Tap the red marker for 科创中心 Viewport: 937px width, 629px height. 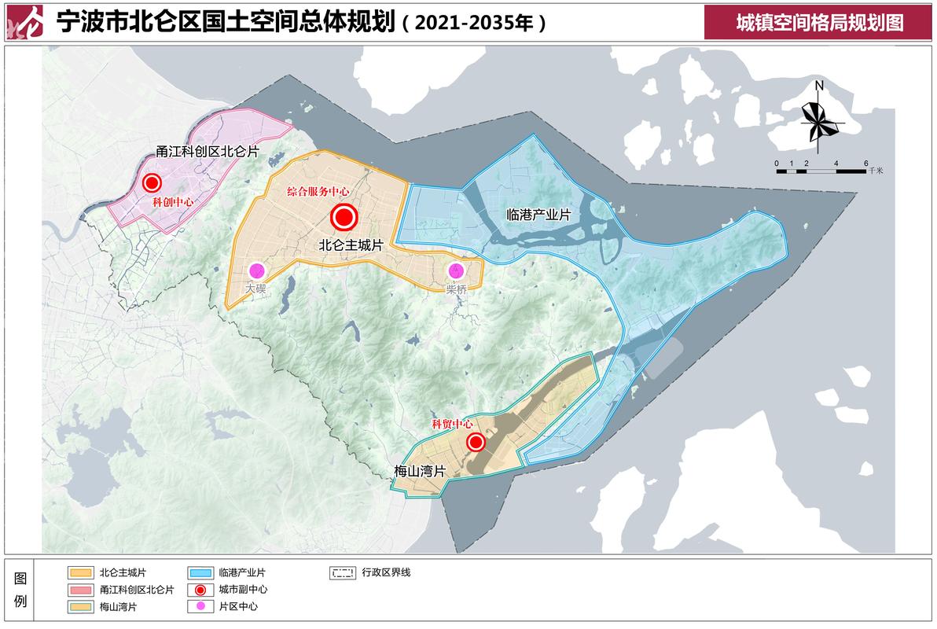(152, 183)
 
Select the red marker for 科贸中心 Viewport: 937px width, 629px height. (475, 443)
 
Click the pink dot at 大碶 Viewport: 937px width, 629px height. (256, 270)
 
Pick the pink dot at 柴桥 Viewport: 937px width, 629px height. (456, 270)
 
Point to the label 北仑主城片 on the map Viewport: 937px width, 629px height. (351, 245)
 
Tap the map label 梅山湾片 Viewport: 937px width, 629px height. (420, 472)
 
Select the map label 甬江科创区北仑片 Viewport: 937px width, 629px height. (208, 151)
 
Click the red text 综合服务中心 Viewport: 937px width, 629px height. (318, 192)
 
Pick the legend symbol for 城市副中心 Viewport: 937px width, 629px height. (200, 590)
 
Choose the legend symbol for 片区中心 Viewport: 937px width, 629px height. (200, 606)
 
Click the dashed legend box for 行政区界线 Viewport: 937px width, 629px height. (342, 572)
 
